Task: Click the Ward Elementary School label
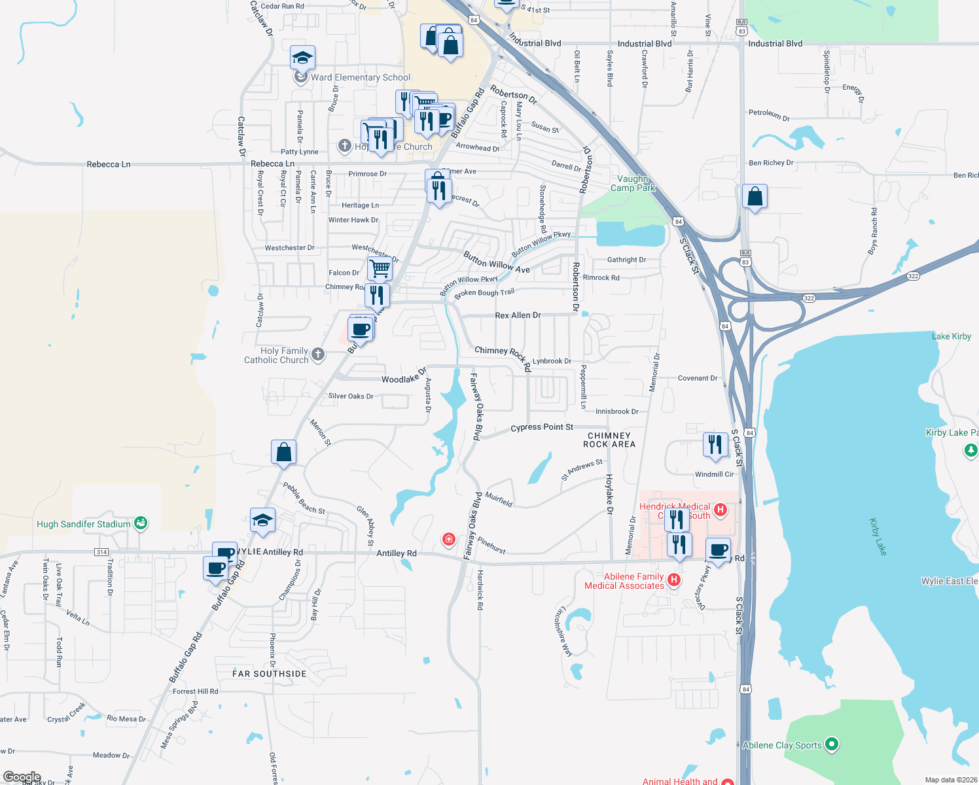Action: [x=361, y=77]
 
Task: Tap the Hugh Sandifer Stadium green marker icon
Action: [x=141, y=523]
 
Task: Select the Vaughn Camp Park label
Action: [x=632, y=183]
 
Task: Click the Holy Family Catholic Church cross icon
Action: [x=318, y=355]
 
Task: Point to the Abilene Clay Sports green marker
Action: [x=832, y=744]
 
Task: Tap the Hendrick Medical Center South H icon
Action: [x=721, y=510]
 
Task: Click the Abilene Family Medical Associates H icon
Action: [x=674, y=580]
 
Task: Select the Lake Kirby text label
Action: [x=951, y=336]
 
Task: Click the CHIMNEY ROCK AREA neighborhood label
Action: [x=609, y=440]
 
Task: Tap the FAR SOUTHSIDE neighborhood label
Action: [x=270, y=674]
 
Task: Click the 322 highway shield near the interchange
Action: [x=809, y=298]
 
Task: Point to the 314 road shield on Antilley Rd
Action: [x=101, y=552]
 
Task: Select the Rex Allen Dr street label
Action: [x=518, y=315]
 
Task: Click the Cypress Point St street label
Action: [x=541, y=427]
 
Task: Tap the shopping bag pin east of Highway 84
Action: [x=755, y=196]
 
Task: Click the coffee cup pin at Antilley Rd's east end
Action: [x=718, y=549]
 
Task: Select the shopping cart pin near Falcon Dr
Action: [x=380, y=268]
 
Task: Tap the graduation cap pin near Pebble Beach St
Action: [x=262, y=520]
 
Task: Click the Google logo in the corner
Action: [x=22, y=777]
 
